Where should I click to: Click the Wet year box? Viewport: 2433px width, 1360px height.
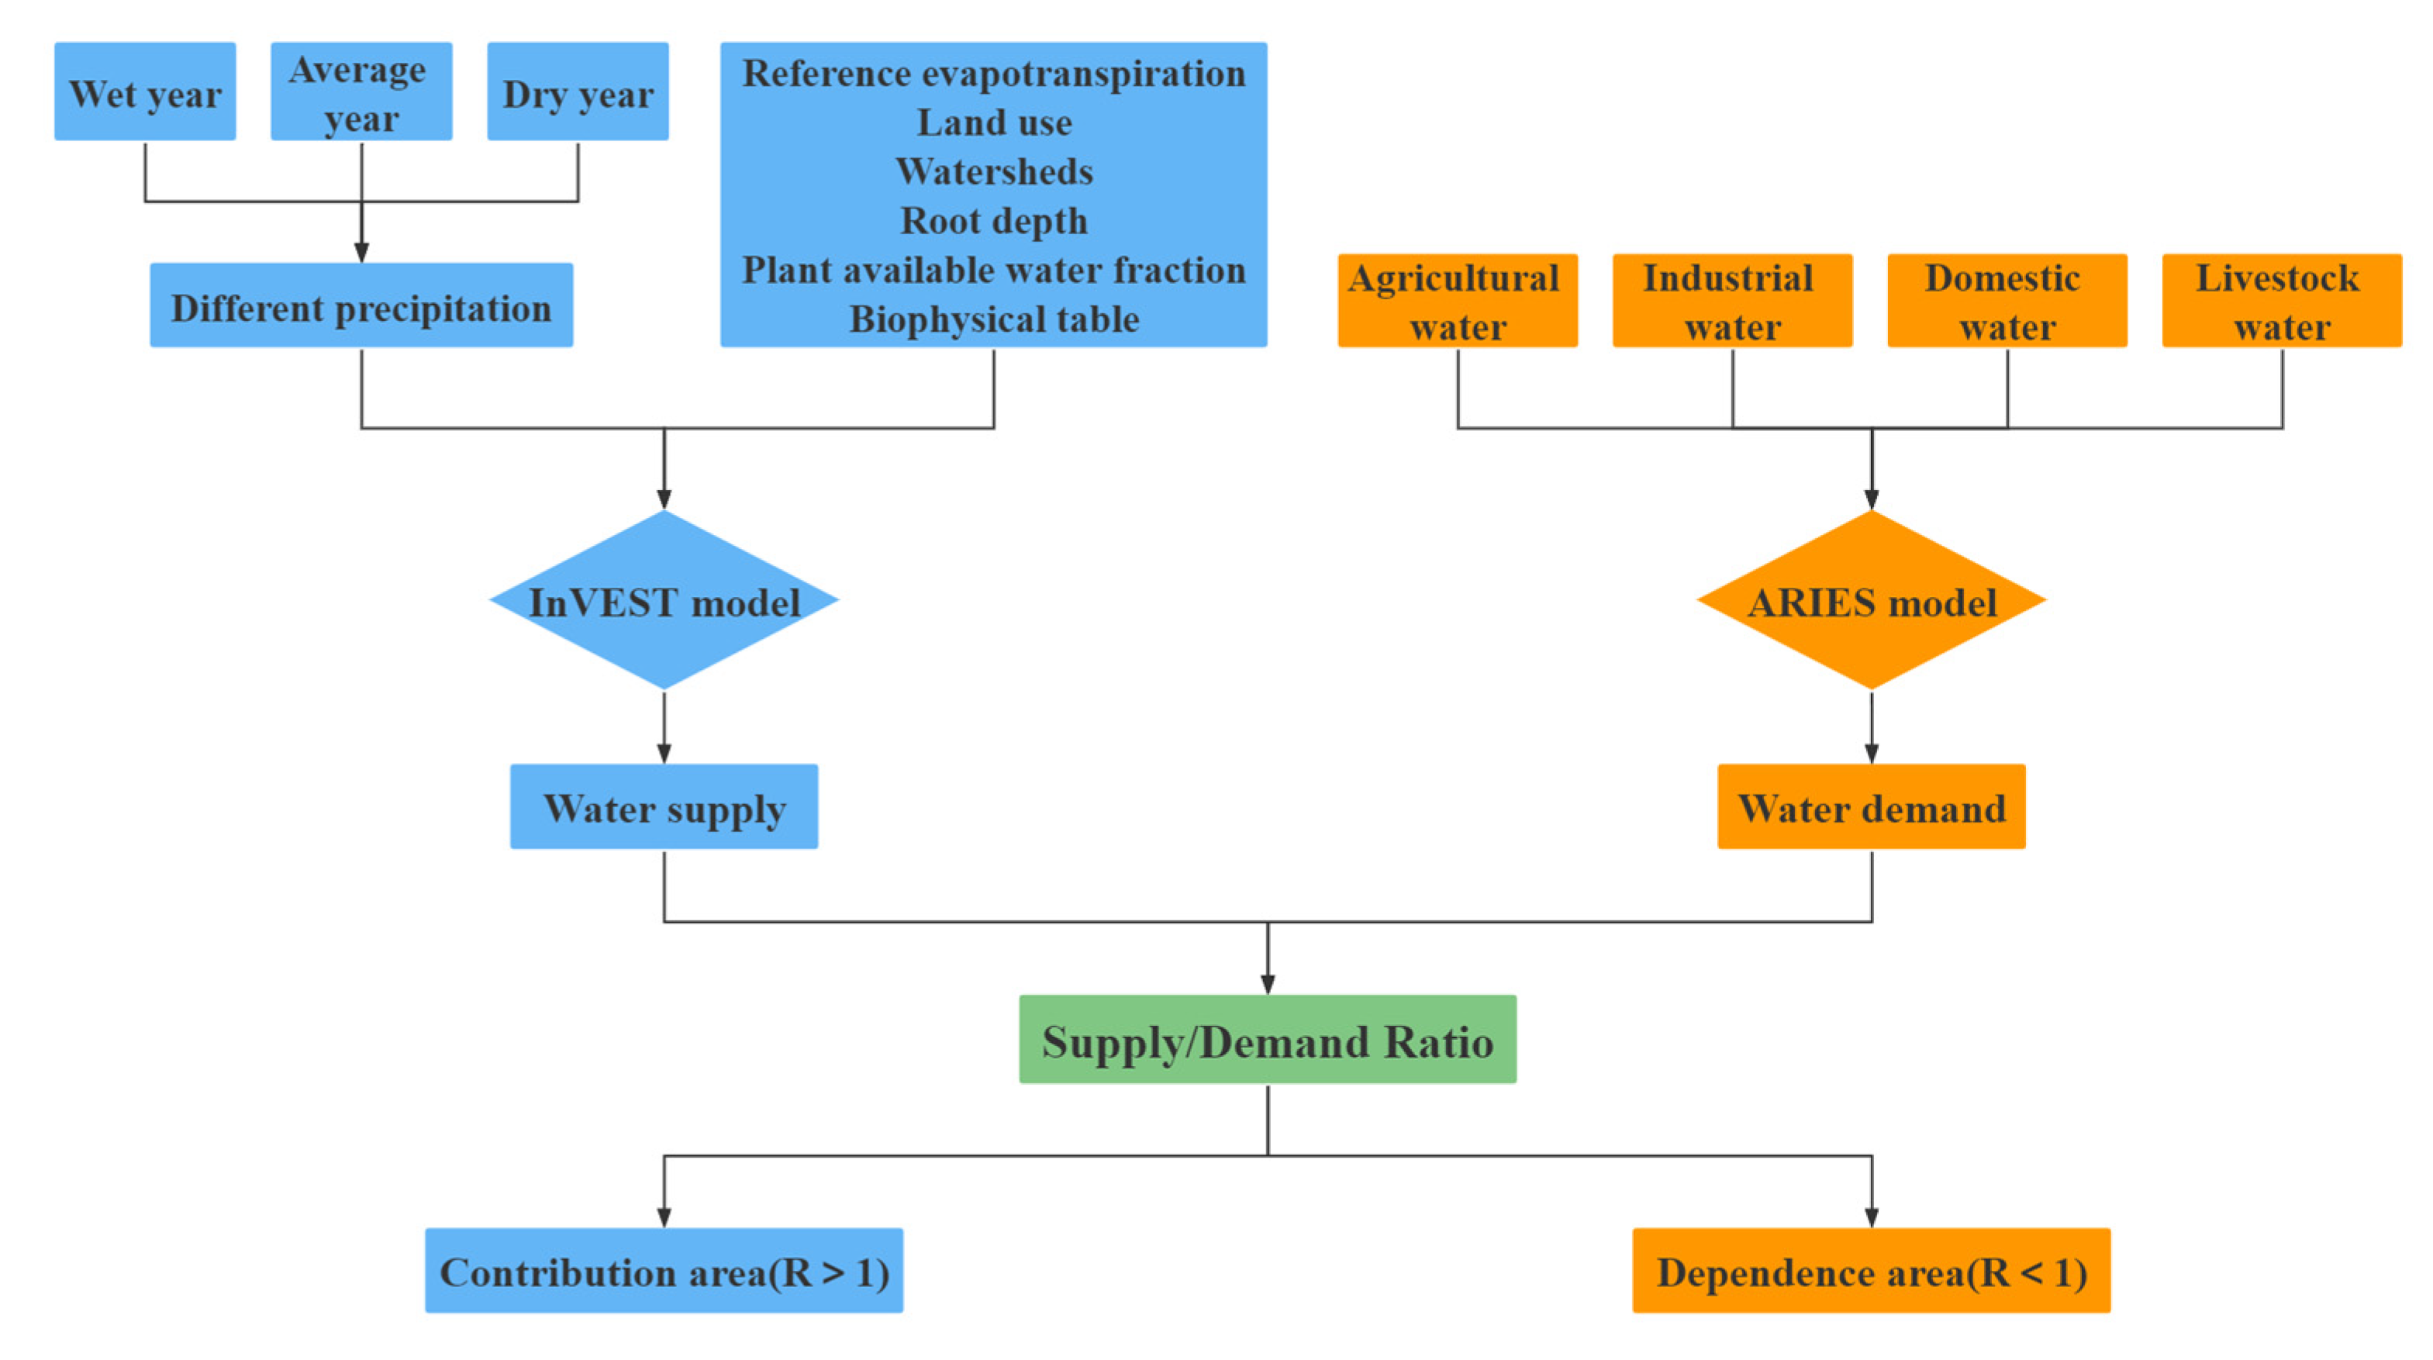pos(144,91)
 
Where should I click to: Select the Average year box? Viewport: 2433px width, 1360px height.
pos(361,91)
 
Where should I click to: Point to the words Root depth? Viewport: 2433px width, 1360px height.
pos(994,221)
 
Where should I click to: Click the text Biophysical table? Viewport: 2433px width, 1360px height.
pos(994,319)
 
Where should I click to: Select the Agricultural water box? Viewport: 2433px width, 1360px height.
pos(1458,300)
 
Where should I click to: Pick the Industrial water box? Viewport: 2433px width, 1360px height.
pos(1732,300)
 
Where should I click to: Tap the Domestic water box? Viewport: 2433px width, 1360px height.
pos(2007,300)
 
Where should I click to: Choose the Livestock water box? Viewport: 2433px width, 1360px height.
pos(2282,300)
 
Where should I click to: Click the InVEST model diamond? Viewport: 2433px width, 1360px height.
pos(664,601)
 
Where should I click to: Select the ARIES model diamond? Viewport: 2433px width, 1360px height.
pos(1871,601)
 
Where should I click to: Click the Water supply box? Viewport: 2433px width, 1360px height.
pos(664,806)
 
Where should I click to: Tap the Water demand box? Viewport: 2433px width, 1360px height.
pos(1871,806)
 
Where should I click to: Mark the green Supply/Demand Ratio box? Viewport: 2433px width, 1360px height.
pos(1268,1039)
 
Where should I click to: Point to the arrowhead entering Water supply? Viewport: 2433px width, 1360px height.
pos(664,754)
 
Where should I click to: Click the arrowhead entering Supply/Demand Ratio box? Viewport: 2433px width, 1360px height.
pos(1268,984)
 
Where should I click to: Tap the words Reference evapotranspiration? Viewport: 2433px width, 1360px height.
pos(994,74)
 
